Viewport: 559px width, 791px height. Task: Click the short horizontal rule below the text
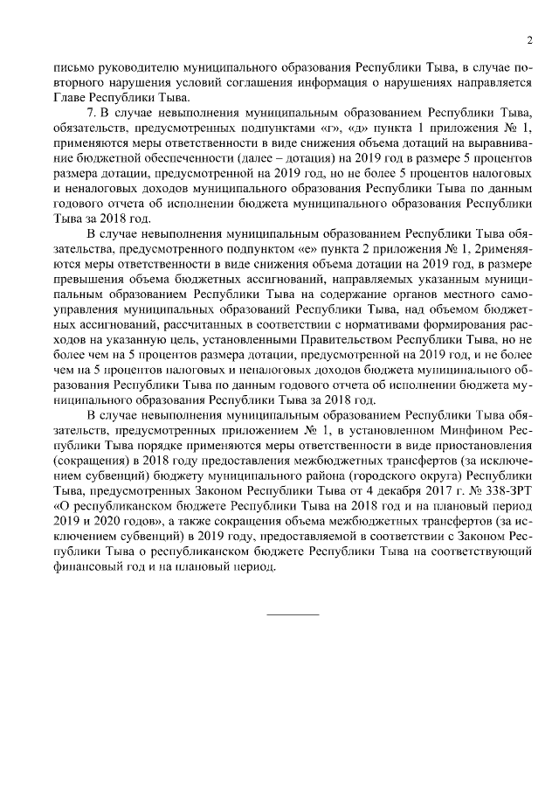click(x=293, y=613)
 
